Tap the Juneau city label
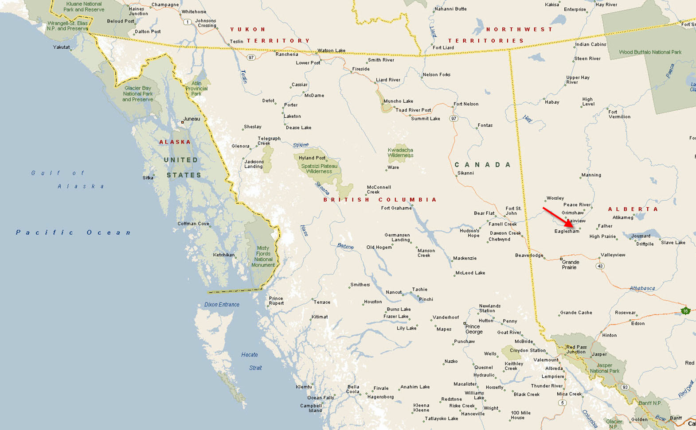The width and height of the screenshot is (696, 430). pos(192,119)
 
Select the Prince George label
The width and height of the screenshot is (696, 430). pos(473,329)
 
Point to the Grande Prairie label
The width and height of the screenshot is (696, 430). pos(570,264)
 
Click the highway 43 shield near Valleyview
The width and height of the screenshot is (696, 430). pos(600,266)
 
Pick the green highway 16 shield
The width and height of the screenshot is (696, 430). pos(685,311)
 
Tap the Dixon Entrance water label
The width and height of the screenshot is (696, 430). pos(222,305)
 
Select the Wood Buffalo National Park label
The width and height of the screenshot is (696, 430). pos(650,52)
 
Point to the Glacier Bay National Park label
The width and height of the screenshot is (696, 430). pos(138,94)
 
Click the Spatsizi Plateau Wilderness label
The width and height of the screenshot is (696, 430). pos(319,169)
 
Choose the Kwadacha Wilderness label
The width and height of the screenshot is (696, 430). pos(400,153)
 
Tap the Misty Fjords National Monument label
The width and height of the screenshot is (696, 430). pos(263,256)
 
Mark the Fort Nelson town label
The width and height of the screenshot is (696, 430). pos(465,104)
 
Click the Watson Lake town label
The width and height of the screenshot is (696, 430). pos(331,50)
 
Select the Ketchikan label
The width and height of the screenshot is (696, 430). pos(223,255)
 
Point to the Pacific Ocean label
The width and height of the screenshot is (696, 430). pos(73,232)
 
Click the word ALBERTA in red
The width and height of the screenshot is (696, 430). pos(633,209)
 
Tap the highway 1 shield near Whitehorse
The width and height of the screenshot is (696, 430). pos(188,22)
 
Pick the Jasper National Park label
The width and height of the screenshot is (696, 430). pos(604,368)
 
